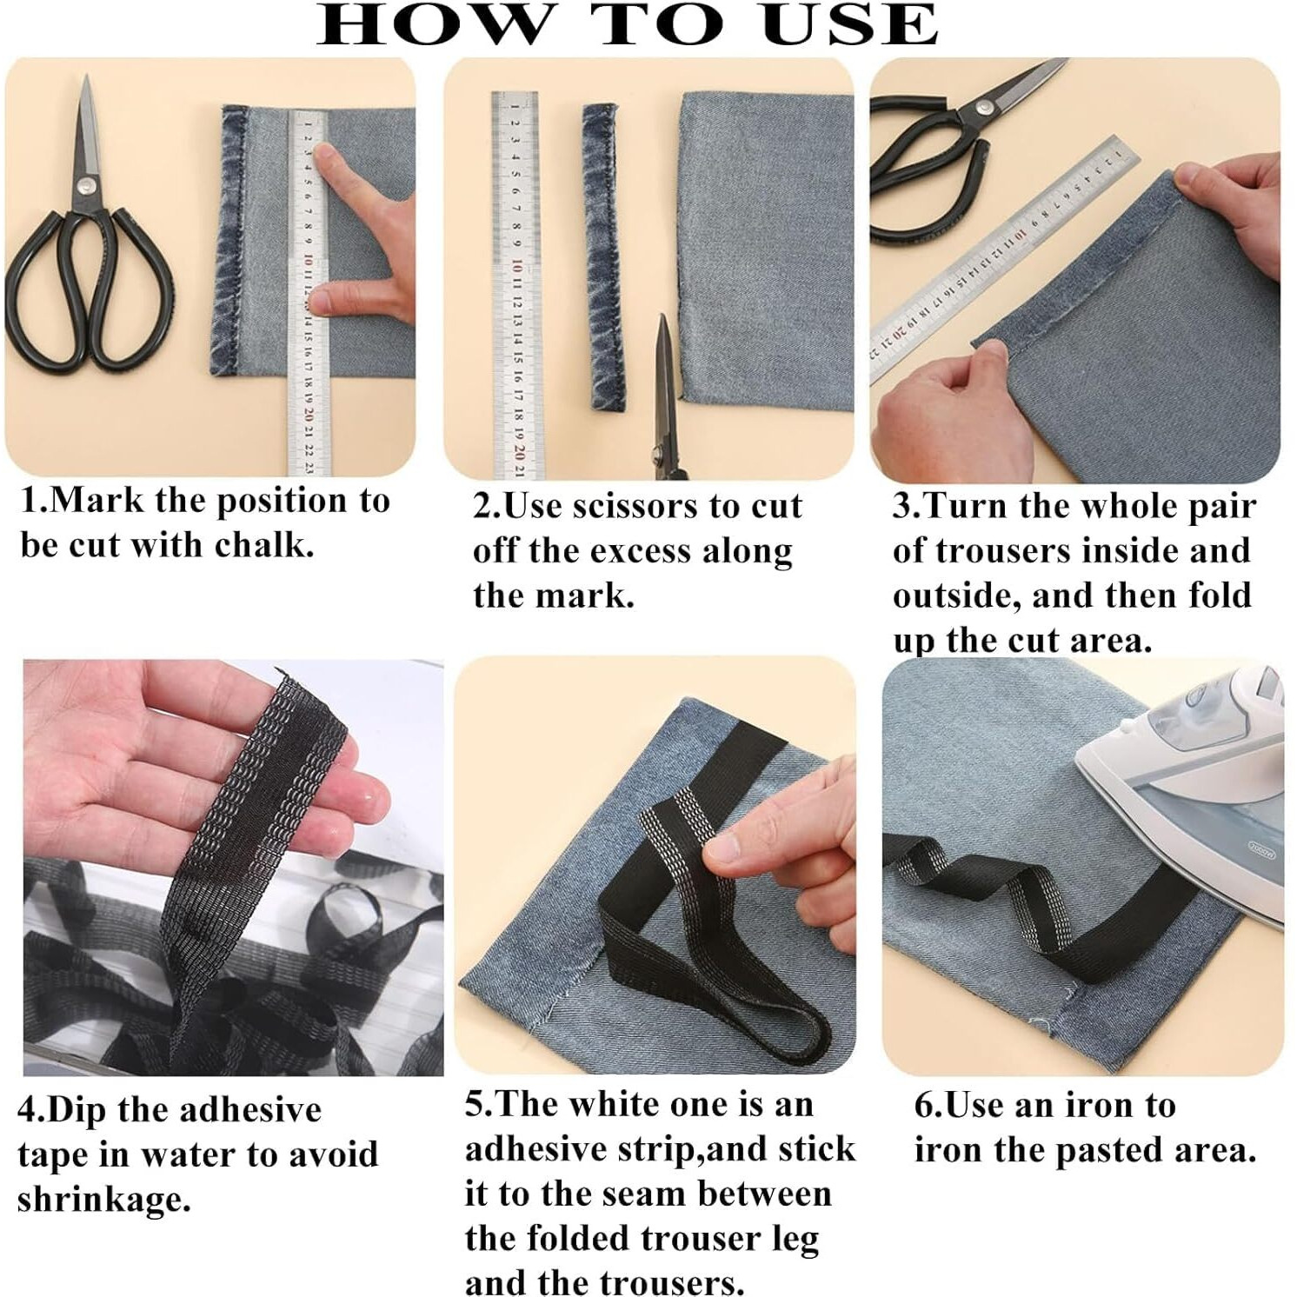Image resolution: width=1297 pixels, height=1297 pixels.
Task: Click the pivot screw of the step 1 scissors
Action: (x=85, y=185)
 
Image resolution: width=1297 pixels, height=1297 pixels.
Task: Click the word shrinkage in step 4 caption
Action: (x=103, y=1201)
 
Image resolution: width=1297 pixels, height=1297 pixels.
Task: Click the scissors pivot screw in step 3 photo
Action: (x=985, y=109)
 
